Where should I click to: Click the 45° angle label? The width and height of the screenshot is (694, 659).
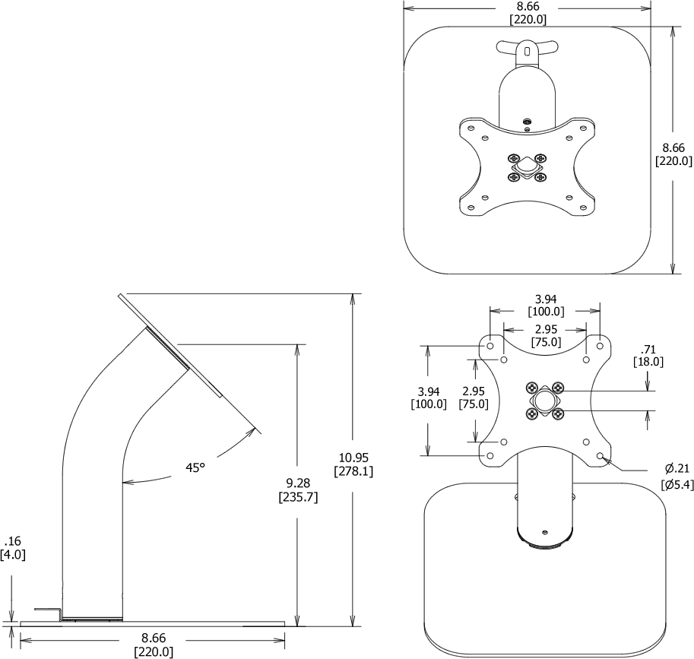(x=195, y=467)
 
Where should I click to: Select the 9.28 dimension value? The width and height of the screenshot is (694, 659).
(x=299, y=483)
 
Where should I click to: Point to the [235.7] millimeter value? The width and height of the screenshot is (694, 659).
(x=299, y=498)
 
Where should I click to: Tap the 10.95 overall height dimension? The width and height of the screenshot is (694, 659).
(x=353, y=457)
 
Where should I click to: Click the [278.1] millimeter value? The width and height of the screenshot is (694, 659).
(x=353, y=471)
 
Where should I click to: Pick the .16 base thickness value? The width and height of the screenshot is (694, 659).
(x=12, y=541)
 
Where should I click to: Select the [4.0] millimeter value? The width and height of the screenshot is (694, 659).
(x=12, y=555)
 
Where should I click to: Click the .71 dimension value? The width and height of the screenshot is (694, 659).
(x=648, y=349)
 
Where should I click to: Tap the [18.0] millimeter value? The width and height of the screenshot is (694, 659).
(x=648, y=363)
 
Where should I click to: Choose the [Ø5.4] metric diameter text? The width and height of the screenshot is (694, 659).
(x=677, y=485)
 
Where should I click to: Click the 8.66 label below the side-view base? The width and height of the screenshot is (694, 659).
(x=154, y=638)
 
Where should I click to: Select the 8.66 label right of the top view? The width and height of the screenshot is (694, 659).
(x=673, y=147)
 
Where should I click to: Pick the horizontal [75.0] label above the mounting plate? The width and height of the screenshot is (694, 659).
(x=545, y=342)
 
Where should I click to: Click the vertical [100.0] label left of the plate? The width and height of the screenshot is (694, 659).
(x=429, y=404)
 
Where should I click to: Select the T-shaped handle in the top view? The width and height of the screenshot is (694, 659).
(x=525, y=49)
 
